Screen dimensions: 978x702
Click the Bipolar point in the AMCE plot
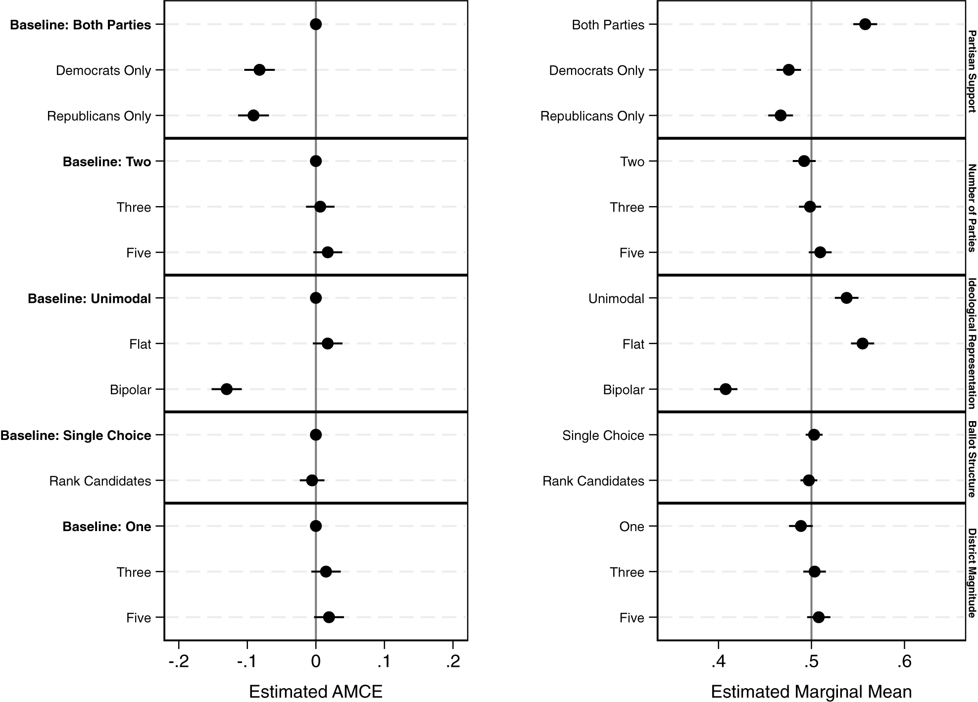(x=227, y=389)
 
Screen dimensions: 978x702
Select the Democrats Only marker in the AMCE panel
(x=259, y=70)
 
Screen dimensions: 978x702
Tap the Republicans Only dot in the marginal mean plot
(x=781, y=115)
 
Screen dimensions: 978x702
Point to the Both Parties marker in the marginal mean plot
(x=865, y=24)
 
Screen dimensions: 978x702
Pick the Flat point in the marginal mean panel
(x=863, y=343)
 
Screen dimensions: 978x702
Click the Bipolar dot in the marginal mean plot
(x=726, y=389)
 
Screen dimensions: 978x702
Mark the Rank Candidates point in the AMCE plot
(x=312, y=480)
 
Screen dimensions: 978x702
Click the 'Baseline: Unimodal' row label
(x=90, y=299)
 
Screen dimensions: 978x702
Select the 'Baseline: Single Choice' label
(x=76, y=435)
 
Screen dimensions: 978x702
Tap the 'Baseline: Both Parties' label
(x=81, y=25)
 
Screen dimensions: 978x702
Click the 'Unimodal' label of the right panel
(x=616, y=299)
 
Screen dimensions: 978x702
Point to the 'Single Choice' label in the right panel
(x=603, y=435)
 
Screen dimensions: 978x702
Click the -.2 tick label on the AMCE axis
(x=179, y=662)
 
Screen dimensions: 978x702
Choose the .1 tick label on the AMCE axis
(x=385, y=662)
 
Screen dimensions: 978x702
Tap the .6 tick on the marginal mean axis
(x=904, y=662)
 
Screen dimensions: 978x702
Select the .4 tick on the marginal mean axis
(x=718, y=662)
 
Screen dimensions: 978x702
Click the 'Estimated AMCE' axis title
(x=316, y=692)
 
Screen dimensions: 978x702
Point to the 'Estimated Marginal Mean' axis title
(x=812, y=692)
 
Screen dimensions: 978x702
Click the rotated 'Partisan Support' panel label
(x=972, y=72)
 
